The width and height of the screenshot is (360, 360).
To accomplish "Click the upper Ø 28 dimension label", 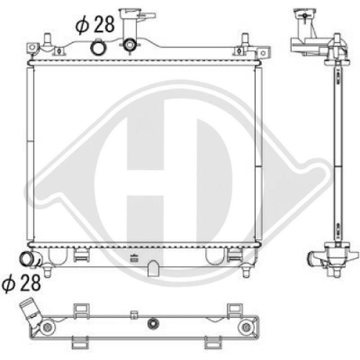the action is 95,24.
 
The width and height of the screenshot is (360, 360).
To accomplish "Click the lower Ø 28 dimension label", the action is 21,283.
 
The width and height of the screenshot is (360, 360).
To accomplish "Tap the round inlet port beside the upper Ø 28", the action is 97,48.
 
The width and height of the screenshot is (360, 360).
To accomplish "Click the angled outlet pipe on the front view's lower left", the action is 30,259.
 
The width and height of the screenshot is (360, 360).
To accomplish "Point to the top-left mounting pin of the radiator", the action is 48,39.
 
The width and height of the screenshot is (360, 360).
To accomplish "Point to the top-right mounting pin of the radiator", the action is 245,39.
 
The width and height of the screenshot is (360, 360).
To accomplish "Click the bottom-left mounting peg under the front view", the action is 48,271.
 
